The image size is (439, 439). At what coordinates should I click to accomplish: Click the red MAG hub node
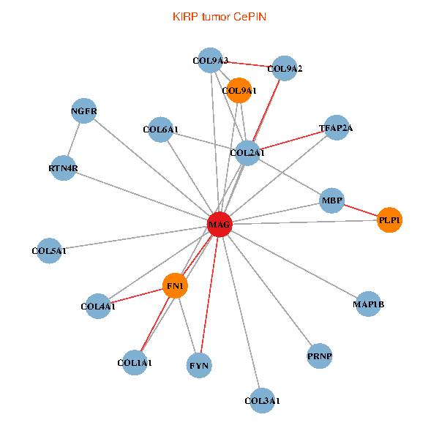pyautogui.click(x=219, y=225)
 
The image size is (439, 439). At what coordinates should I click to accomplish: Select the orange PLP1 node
pyautogui.click(x=390, y=219)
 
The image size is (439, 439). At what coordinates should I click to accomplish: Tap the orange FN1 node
pyautogui.click(x=176, y=285)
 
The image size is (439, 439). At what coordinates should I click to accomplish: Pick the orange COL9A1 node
pyautogui.click(x=239, y=91)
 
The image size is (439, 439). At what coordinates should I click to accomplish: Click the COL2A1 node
pyautogui.click(x=247, y=153)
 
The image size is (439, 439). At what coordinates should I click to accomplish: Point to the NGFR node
pyautogui.click(x=84, y=111)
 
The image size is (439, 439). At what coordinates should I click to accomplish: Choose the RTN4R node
pyautogui.click(x=63, y=169)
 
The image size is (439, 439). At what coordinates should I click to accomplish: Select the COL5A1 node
pyautogui.click(x=49, y=251)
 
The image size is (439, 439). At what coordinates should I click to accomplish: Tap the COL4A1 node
pyautogui.click(x=98, y=307)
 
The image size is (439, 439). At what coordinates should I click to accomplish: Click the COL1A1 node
pyautogui.click(x=135, y=363)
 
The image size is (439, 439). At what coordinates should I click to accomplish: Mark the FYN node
pyautogui.click(x=200, y=364)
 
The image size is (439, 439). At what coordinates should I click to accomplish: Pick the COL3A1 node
pyautogui.click(x=262, y=400)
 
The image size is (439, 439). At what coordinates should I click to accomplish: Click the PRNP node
pyautogui.click(x=320, y=356)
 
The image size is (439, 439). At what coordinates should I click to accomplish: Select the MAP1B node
pyautogui.click(x=368, y=304)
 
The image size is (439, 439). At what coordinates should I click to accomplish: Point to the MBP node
pyautogui.click(x=332, y=200)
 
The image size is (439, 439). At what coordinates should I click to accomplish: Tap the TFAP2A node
pyautogui.click(x=336, y=128)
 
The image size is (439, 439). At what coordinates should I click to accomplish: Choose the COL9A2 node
pyautogui.click(x=285, y=69)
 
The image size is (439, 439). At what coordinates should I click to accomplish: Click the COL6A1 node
pyautogui.click(x=160, y=130)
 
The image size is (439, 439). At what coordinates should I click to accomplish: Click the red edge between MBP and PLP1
pyautogui.click(x=361, y=210)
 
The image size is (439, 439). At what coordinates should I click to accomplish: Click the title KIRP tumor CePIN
pyautogui.click(x=219, y=15)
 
